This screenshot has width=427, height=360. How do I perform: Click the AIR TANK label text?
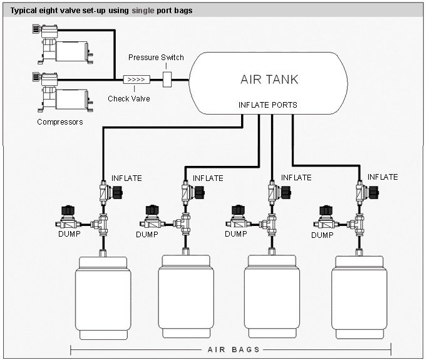pyautogui.click(x=269, y=80)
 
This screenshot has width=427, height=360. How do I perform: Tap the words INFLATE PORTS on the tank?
pyautogui.click(x=268, y=105)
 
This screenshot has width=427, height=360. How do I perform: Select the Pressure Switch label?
pyautogui.click(x=156, y=58)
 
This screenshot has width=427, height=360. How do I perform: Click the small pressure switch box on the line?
pyautogui.click(x=167, y=80)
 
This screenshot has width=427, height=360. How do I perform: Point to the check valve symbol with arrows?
pyautogui.click(x=135, y=80)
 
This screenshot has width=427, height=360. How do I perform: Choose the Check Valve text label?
pyautogui.click(x=129, y=98)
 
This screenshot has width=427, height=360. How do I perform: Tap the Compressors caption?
pyautogui.click(x=60, y=121)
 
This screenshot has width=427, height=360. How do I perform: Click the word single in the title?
pyautogui.click(x=141, y=11)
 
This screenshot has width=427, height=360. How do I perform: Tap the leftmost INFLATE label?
pyautogui.click(x=126, y=178)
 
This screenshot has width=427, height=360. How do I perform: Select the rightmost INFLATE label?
pyautogui.click(x=383, y=177)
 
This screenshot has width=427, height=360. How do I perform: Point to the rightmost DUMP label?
pyautogui.click(x=322, y=235)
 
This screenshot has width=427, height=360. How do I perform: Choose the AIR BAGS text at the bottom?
pyautogui.click(x=230, y=349)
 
